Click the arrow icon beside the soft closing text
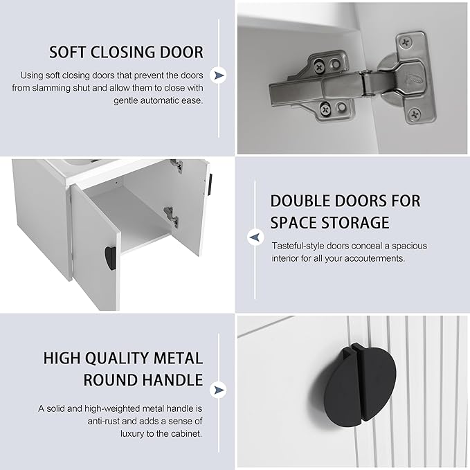219,75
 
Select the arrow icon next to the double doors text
255,237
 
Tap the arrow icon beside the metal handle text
219,390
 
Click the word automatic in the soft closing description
159,100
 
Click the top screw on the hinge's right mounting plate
406,42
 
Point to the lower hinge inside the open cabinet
171,216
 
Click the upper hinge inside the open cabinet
177,165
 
